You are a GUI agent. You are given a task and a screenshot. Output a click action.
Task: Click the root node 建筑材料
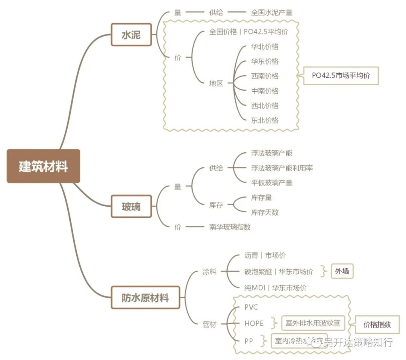pos(43,166)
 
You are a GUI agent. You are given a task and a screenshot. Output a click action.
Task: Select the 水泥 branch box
pos(131,35)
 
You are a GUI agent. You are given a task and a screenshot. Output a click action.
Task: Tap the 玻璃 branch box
pos(131,206)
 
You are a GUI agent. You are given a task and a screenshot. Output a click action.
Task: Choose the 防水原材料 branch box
pos(145,298)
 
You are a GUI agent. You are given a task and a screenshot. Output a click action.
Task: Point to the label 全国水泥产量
pos(271,12)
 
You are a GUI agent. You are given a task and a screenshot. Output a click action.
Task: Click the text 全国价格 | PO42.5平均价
pos(248,32)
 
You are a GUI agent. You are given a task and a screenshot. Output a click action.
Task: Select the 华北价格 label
pos(265,47)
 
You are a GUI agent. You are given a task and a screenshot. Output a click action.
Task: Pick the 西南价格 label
pos(265,76)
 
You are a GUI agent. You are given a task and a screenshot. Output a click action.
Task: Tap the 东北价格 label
pos(265,120)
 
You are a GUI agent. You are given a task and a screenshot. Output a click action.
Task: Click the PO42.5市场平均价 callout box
pos(341,76)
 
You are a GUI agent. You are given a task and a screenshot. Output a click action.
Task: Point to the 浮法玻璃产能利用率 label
pos(282,168)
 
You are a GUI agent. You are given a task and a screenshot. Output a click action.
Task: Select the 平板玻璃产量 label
pos(271,183)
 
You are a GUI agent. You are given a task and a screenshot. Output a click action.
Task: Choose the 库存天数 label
pos(265,212)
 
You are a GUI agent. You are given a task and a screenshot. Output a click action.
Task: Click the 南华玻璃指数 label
pos(230,227)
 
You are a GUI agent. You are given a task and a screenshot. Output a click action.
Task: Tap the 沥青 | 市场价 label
pos(265,256)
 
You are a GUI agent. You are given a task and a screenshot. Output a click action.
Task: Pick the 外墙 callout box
pos(342,271)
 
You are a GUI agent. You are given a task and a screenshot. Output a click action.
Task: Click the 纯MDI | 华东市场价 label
pos(275,288)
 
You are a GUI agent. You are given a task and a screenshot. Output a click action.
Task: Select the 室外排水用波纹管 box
pos(313,323)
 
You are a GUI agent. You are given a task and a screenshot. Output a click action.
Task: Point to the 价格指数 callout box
pos(377,324)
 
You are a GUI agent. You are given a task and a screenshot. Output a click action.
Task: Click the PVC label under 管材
pos(251,307)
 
